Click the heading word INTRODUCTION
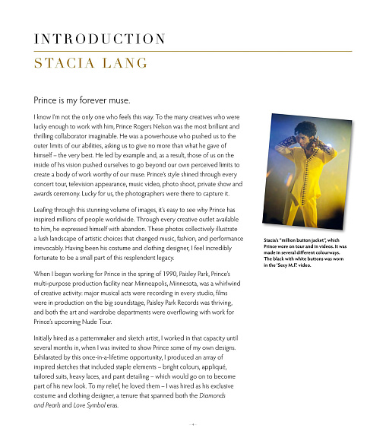(x=100, y=39)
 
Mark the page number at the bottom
(x=193, y=424)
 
